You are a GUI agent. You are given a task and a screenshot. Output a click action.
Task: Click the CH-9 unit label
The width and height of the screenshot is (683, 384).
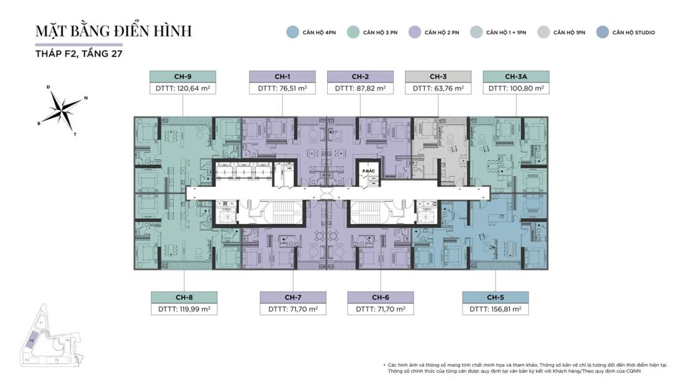[182, 76]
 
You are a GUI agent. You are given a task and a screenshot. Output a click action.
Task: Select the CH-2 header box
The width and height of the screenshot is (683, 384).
[360, 76]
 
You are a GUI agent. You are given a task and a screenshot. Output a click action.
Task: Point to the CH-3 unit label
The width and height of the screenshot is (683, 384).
[438, 76]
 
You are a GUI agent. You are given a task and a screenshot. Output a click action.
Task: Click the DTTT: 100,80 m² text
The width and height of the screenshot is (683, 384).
[516, 89]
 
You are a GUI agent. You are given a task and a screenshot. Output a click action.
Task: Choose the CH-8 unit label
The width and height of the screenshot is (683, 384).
[184, 297]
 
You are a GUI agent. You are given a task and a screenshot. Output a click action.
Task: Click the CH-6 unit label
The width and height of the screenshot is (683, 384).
[381, 297]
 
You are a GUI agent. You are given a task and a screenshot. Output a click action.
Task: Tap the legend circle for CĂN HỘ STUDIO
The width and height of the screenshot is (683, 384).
[602, 32]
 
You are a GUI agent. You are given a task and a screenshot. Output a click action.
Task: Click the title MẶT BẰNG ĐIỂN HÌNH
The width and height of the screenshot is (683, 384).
[114, 31]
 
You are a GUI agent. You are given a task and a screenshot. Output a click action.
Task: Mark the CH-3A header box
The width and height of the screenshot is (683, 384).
[516, 76]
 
